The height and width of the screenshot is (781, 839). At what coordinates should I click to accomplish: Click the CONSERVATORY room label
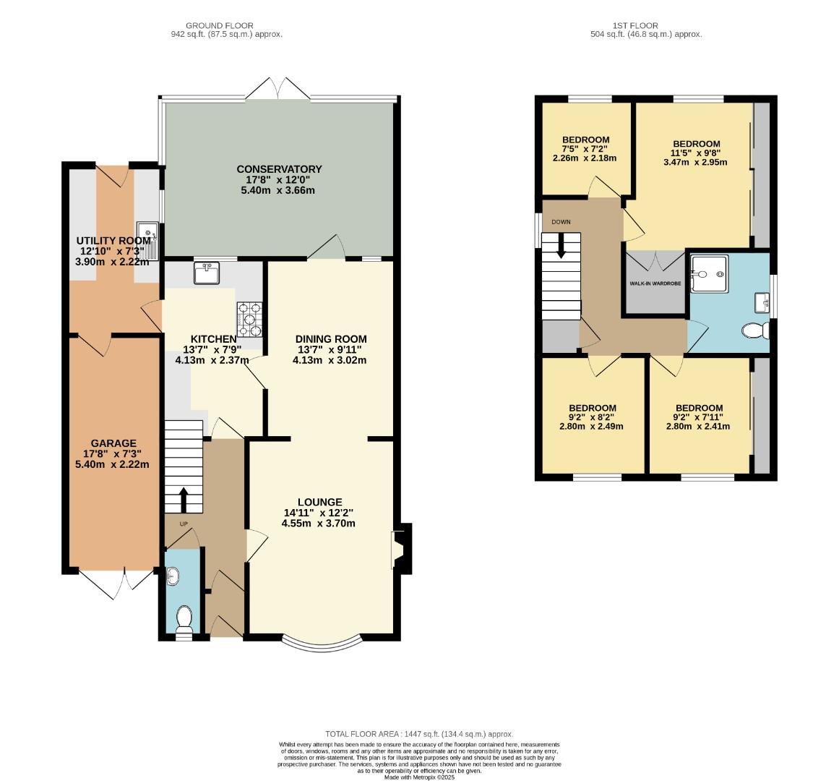(x=279, y=169)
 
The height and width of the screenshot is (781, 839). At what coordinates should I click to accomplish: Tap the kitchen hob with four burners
(x=249, y=319)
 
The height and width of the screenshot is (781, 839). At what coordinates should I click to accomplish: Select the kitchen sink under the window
(x=207, y=273)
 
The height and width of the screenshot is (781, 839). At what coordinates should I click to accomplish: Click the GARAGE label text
(x=113, y=443)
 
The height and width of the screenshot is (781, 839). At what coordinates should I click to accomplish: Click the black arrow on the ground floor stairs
(x=183, y=499)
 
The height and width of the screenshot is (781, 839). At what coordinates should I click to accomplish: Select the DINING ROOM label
(x=331, y=338)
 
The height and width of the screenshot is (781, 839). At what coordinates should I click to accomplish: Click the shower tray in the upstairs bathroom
(x=709, y=273)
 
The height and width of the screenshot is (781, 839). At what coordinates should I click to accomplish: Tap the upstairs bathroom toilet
(x=754, y=330)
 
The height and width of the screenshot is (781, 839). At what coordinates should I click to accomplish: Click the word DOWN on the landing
(x=561, y=222)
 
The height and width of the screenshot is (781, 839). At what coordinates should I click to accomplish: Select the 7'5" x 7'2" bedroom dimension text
(x=585, y=149)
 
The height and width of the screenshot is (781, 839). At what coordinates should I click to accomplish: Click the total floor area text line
(x=419, y=734)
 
